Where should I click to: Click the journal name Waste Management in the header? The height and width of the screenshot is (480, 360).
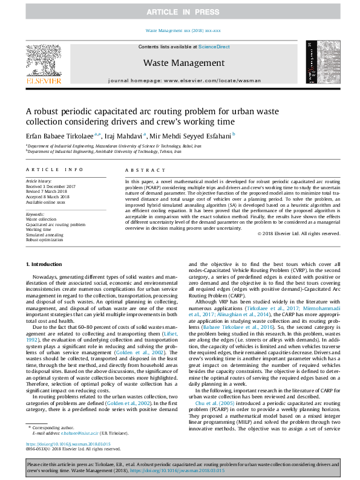coord(180,62)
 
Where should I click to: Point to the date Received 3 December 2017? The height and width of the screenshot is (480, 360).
coord(51,186)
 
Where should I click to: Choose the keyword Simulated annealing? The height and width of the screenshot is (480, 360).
coord(45,235)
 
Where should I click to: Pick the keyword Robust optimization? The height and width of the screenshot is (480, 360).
coord(45,239)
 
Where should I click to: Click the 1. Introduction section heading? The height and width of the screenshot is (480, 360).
coord(45,265)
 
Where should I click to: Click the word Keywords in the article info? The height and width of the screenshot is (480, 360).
coord(35,214)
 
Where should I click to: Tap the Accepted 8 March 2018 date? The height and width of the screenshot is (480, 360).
coord(49,196)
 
